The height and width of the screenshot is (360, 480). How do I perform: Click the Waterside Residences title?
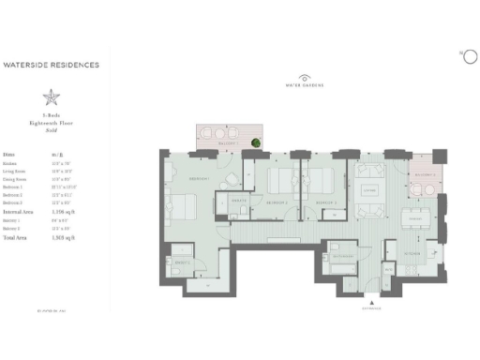click(65, 66)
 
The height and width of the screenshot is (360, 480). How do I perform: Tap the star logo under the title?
click(52, 97)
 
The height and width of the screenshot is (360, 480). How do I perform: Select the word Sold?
click(52, 130)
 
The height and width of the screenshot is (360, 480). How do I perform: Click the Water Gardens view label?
click(304, 85)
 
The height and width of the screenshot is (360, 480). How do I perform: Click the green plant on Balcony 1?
click(254, 142)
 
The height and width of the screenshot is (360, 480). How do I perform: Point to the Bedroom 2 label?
click(275, 202)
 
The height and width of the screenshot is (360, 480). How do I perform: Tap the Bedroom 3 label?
click(326, 202)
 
